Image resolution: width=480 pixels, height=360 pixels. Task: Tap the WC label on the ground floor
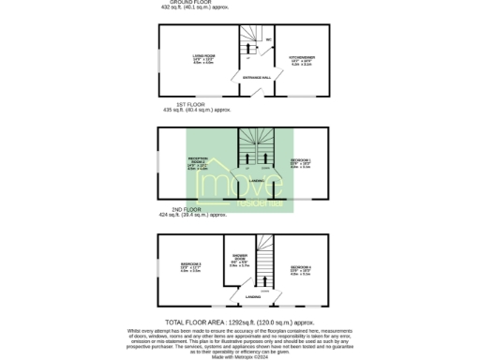click(x=268, y=39)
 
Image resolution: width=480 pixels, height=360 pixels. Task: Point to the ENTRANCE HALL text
click(x=257, y=76)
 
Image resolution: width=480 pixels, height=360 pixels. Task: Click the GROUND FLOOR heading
click(x=183, y=2)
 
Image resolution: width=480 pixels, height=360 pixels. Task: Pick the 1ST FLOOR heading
click(x=190, y=104)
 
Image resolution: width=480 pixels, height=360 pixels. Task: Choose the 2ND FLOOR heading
click(x=187, y=210)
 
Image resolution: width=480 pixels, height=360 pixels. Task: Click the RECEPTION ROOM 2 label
click(x=197, y=160)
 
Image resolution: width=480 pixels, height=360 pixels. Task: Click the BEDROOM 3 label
click(x=191, y=265)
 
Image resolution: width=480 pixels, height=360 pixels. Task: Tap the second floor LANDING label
click(x=253, y=296)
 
